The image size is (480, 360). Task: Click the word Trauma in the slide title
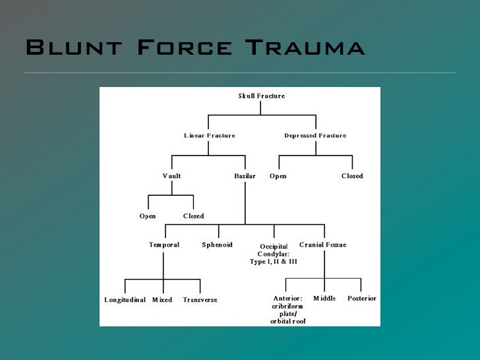[305, 48]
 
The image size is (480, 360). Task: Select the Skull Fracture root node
[262, 96]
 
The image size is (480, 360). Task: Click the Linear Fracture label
[209, 136]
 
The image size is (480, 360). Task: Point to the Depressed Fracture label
[315, 136]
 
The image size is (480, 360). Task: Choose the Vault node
[171, 176]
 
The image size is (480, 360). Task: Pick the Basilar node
[245, 176]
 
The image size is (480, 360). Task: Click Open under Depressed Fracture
[278, 176]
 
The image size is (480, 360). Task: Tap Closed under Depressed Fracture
[352, 176]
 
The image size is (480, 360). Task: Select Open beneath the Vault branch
[148, 216]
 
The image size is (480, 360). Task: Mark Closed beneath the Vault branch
[193, 216]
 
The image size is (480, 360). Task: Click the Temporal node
[164, 245]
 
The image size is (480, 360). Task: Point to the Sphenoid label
[218, 245]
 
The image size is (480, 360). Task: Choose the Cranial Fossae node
[322, 245]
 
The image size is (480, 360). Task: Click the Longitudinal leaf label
[125, 300]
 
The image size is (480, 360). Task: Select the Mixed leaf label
[162, 300]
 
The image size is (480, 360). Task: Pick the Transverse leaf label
[200, 300]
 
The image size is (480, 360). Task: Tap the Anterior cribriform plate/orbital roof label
[288, 310]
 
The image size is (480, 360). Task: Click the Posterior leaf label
[362, 299]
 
